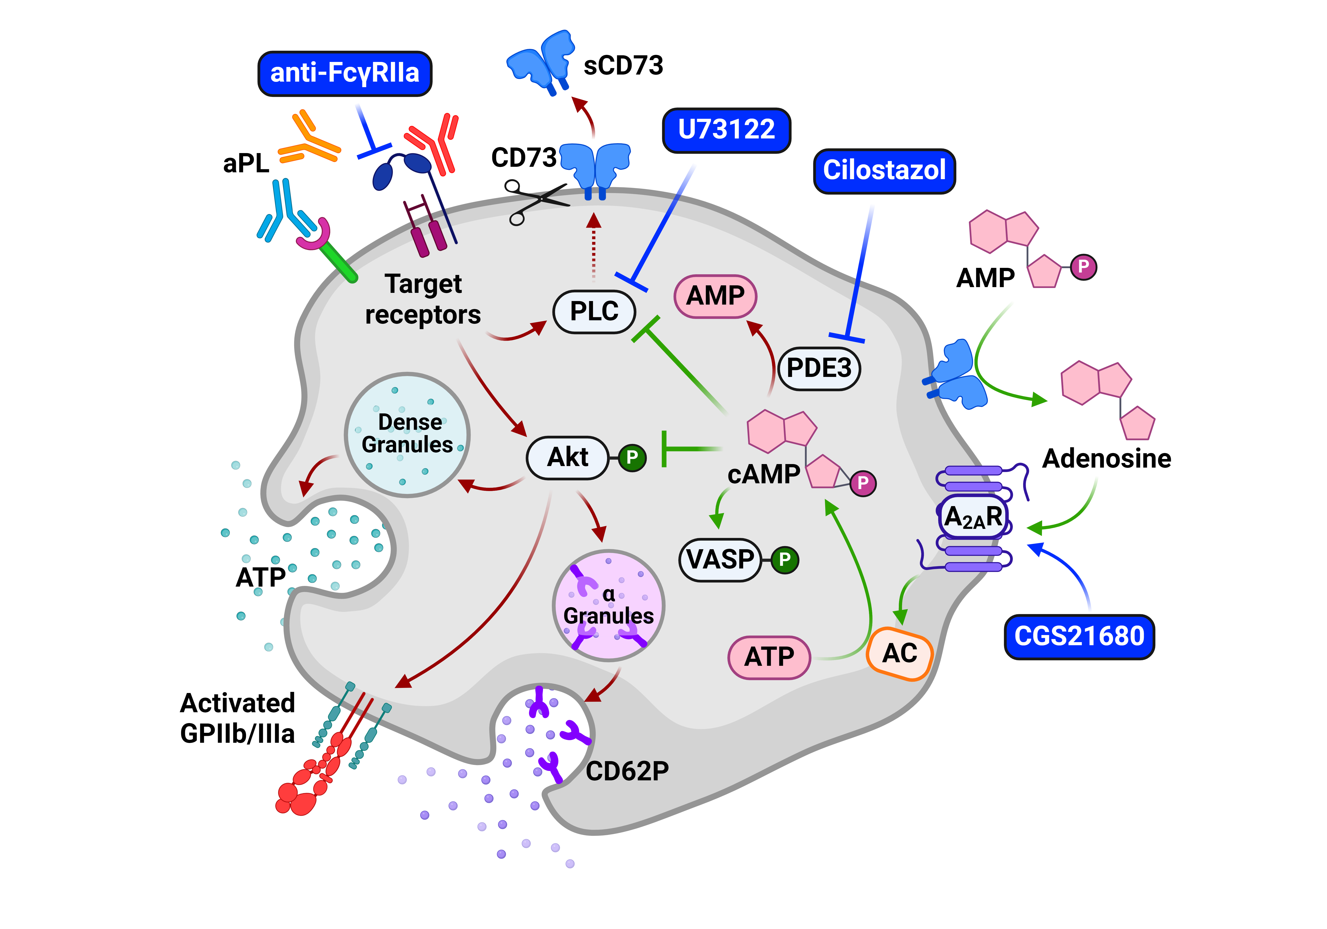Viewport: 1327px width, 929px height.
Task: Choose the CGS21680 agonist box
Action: [1079, 637]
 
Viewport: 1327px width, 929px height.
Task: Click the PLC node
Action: [594, 312]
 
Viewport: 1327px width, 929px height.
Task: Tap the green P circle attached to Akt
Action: [632, 458]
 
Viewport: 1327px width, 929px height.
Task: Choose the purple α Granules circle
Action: [609, 605]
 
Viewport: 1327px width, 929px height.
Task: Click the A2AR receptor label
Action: [973, 516]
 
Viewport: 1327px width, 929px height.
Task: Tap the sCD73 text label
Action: [623, 65]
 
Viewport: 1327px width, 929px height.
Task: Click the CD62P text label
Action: [627, 771]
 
